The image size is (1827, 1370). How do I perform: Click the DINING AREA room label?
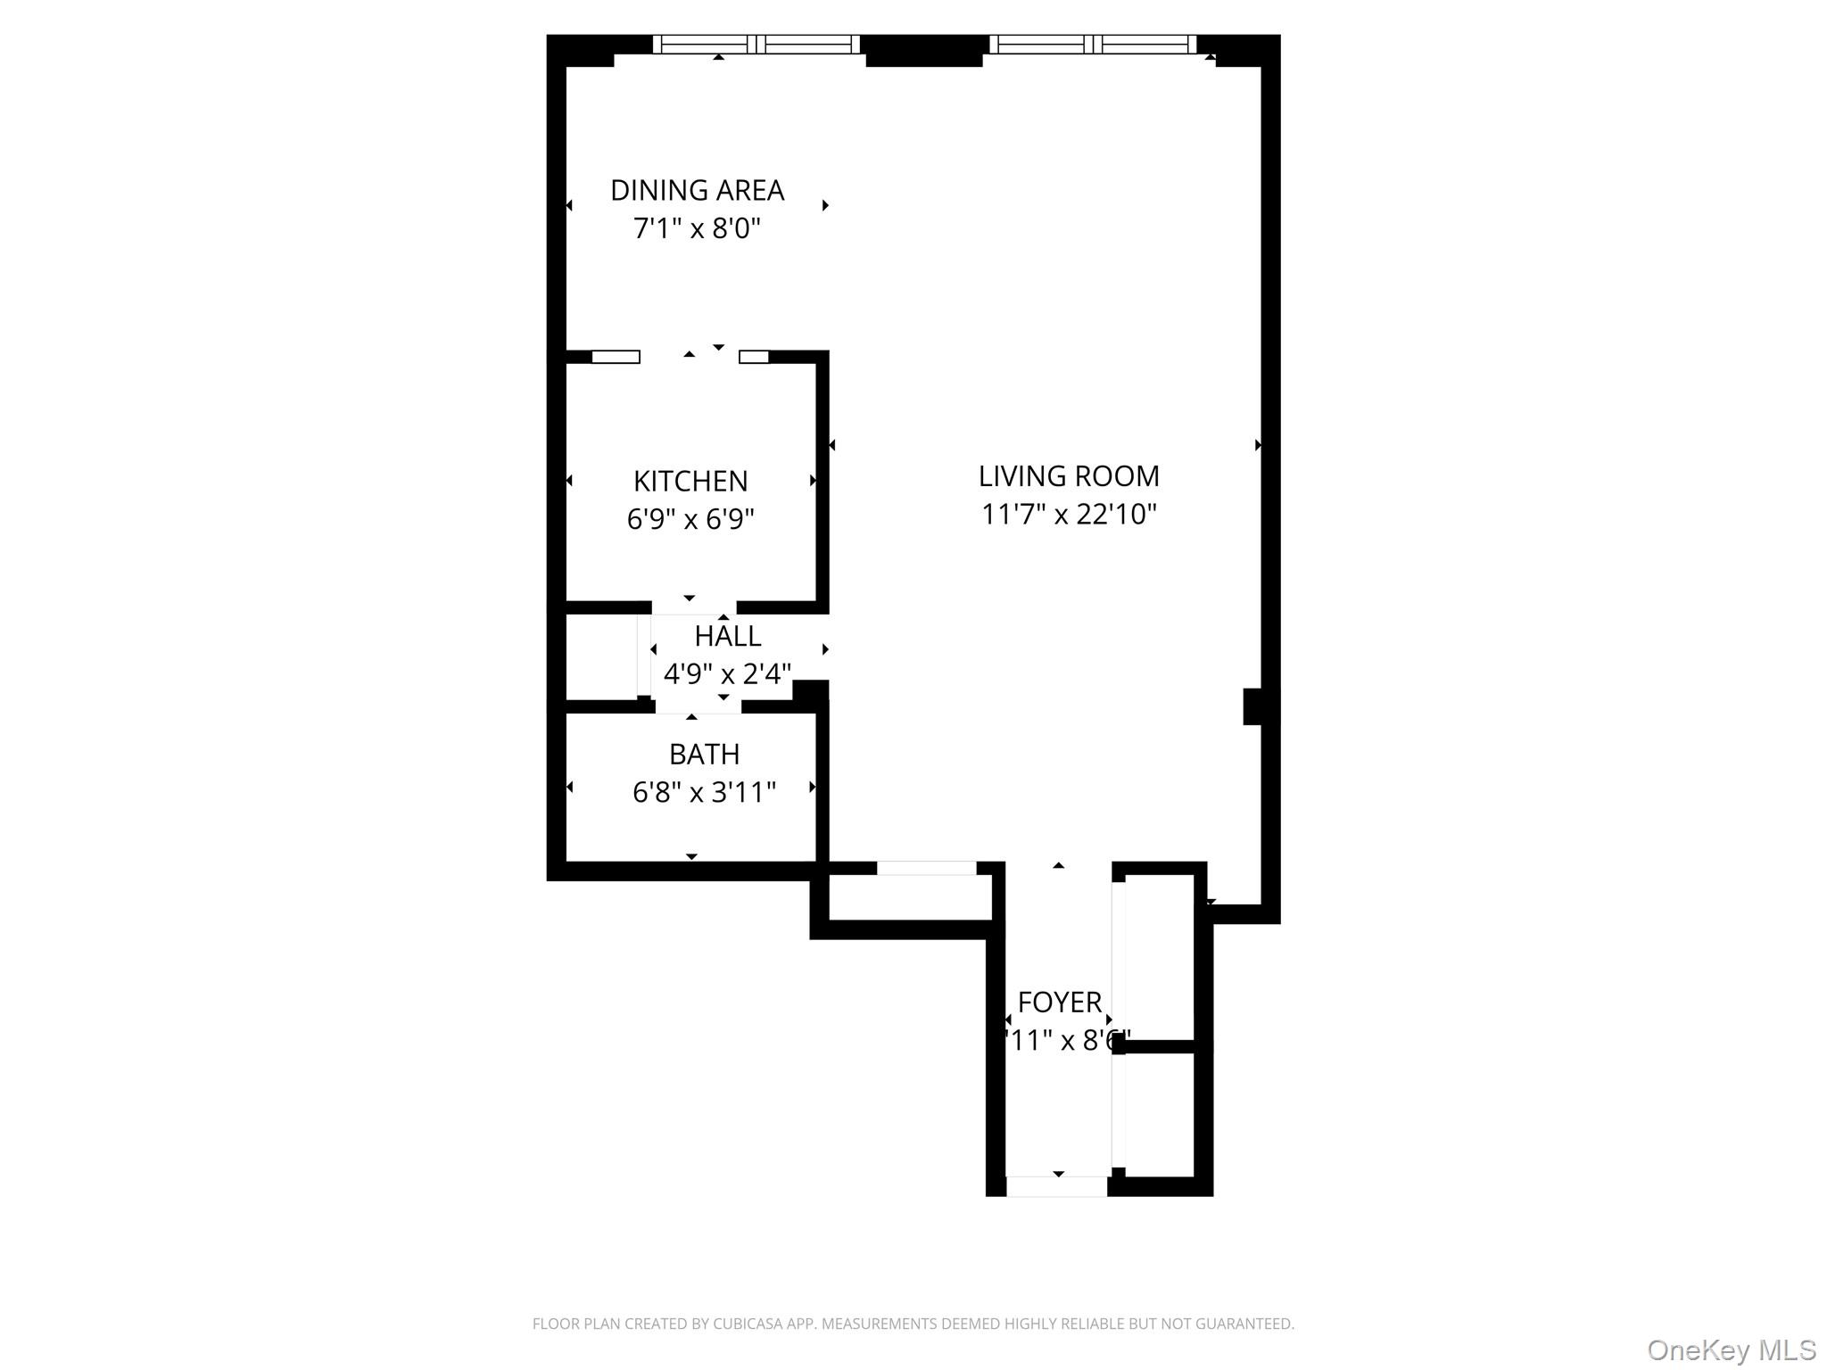click(x=697, y=190)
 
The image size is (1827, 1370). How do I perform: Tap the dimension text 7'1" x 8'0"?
click(x=697, y=229)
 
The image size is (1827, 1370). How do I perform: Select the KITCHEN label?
click(x=690, y=482)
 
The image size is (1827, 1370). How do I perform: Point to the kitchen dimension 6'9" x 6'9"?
click(x=690, y=519)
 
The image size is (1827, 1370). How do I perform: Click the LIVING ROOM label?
click(x=1069, y=476)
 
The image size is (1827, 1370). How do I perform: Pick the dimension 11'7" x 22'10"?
click(x=1069, y=515)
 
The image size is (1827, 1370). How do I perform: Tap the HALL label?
click(x=728, y=636)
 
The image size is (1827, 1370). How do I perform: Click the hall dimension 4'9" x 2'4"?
click(x=727, y=674)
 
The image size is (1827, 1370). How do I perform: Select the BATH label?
click(x=704, y=755)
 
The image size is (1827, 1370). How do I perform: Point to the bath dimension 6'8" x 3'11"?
click(x=704, y=792)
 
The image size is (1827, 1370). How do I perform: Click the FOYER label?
click(x=1060, y=1003)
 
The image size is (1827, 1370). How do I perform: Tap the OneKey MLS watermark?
click(x=1731, y=1349)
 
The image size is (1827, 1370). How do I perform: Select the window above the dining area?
click(x=756, y=45)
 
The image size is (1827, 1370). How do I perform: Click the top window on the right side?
click(x=1093, y=45)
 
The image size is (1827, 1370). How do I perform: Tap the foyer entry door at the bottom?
click(x=1056, y=1186)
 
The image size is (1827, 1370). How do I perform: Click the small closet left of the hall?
click(x=601, y=656)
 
